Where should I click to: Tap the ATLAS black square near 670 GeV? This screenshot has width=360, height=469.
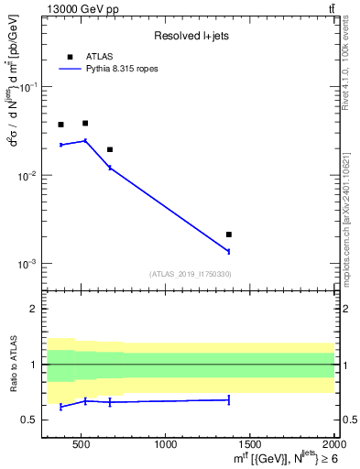tap(110, 149)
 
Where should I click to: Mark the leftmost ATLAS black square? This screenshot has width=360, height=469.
tap(60, 125)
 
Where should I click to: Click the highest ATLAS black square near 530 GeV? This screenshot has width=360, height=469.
tap(85, 123)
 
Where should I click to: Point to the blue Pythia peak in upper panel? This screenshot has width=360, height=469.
tap(85, 141)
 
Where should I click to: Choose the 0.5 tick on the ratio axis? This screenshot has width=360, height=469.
tap(30, 420)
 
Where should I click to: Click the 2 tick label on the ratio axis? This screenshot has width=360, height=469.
tap(34, 309)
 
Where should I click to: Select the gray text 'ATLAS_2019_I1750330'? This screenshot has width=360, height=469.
tap(191, 274)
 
